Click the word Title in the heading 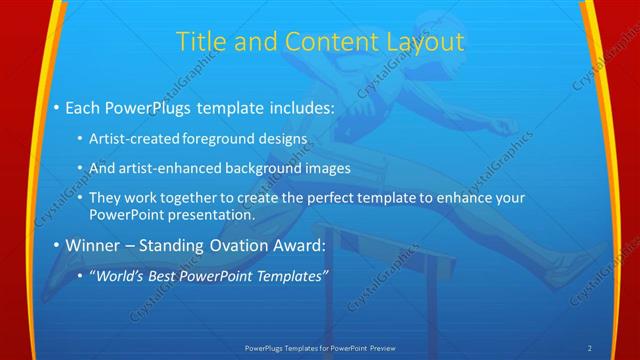pyautogui.click(x=199, y=42)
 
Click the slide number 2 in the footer pyautogui.click(x=590, y=347)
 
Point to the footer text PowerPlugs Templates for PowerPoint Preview pyautogui.click(x=320, y=347)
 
